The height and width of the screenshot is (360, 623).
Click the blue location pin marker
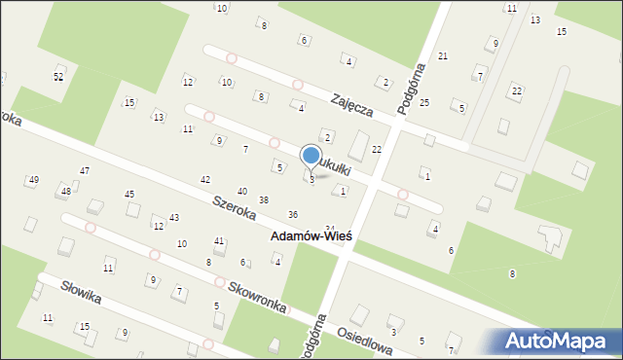311,157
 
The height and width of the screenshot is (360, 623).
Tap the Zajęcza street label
351,105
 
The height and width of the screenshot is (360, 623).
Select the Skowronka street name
257,297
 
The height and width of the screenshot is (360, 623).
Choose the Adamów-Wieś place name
311,237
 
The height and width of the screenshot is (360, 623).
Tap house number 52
58,76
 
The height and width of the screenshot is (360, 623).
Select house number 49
34,180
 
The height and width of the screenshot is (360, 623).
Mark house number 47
85,170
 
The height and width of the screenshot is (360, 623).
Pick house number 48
66,191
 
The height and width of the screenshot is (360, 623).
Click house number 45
129,194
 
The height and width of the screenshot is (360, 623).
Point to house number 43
174,217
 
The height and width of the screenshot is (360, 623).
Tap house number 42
204,180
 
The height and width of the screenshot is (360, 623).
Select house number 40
241,191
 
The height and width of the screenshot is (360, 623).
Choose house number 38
263,199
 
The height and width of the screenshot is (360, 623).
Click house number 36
293,214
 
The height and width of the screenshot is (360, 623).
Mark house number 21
443,56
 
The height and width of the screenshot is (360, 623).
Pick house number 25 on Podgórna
424,102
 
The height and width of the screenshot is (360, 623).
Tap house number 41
219,240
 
